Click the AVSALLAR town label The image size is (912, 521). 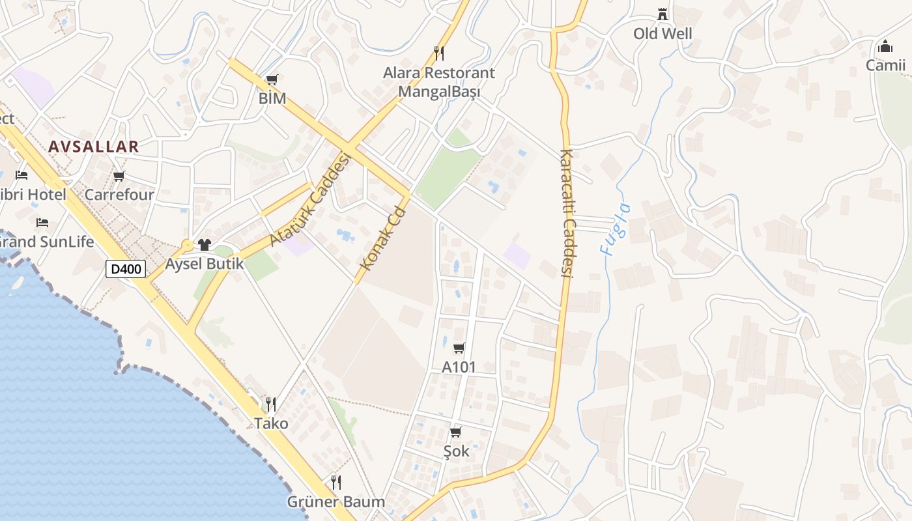point(94,147)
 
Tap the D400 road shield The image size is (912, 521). point(126,268)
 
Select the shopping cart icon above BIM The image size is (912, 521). point(272,80)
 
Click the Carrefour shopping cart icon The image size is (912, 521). point(119,176)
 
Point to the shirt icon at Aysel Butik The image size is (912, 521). point(205,245)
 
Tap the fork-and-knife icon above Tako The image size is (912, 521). point(271,404)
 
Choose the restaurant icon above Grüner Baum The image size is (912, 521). point(336,483)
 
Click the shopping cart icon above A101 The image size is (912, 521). point(459,348)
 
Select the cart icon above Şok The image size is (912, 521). point(456,432)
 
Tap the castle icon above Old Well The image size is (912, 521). point(663,14)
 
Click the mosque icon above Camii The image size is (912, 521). point(885,46)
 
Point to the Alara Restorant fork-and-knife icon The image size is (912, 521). point(439,53)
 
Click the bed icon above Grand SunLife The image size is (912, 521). point(43,223)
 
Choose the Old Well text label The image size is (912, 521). point(663,33)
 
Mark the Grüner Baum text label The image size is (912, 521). point(336,502)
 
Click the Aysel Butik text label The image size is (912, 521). point(205,264)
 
